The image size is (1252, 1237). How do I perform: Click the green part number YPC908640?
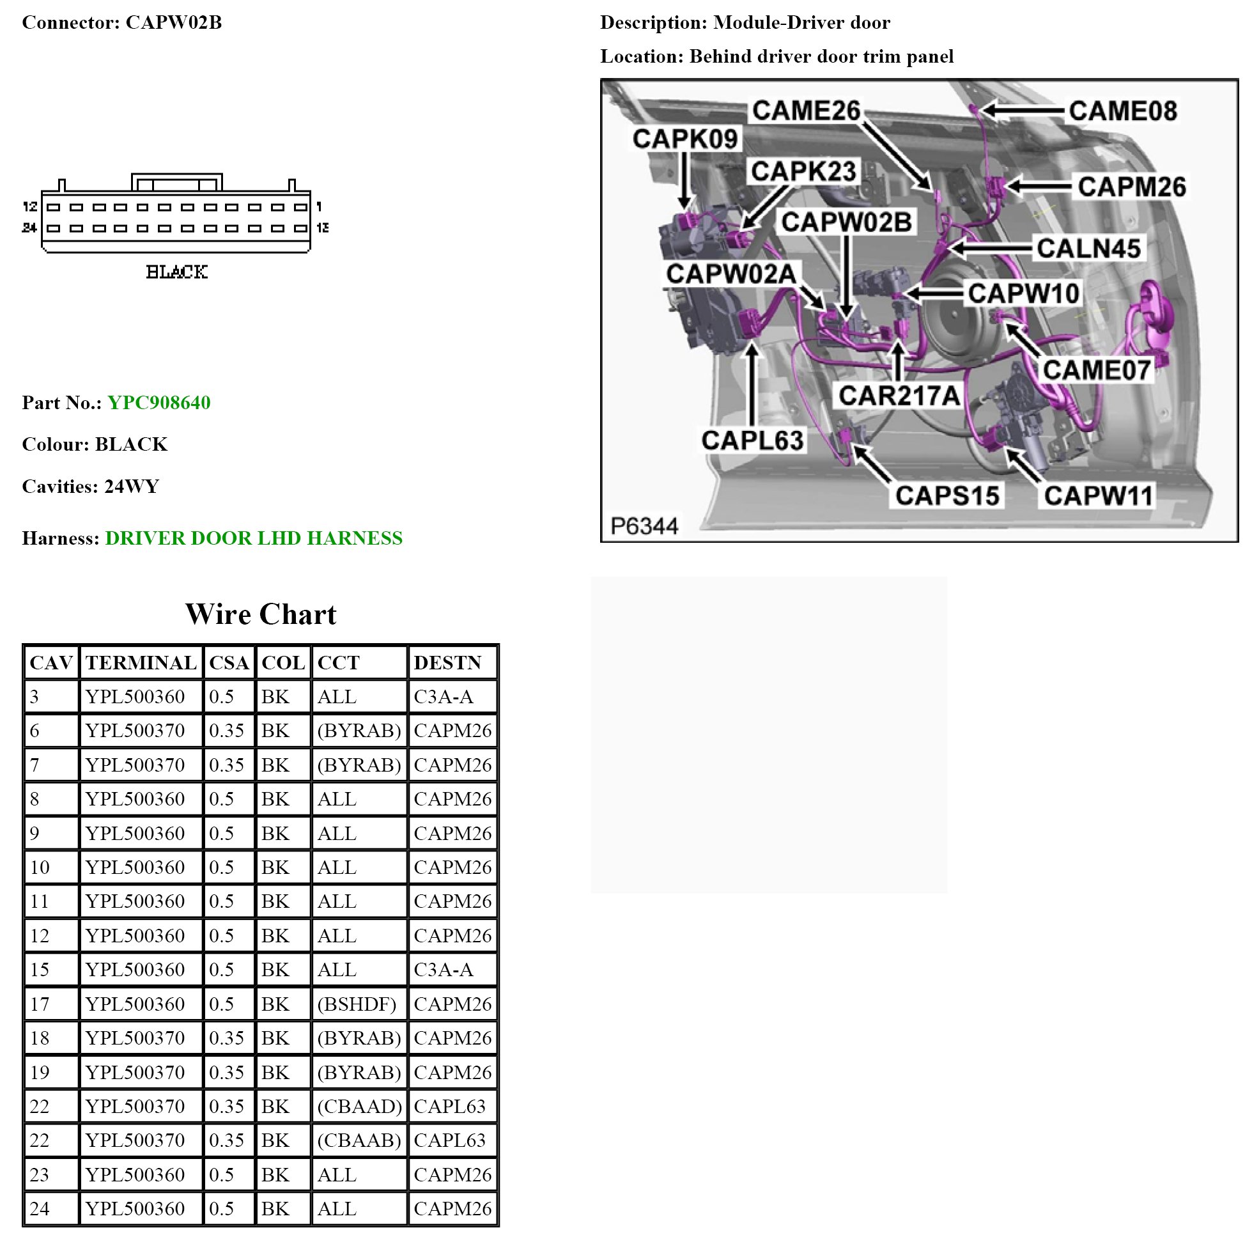(158, 403)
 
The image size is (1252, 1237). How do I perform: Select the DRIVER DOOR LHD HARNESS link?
(253, 538)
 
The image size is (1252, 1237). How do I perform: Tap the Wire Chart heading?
(261, 614)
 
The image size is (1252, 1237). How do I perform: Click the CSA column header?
(229, 662)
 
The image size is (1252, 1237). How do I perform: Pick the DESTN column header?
(447, 662)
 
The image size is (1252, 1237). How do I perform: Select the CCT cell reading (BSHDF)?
(357, 1004)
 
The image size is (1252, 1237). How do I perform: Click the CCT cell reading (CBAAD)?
(359, 1106)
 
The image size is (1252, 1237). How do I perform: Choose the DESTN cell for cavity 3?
(444, 696)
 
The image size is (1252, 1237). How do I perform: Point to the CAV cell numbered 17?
(40, 1004)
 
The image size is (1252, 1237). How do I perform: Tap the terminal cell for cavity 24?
(135, 1208)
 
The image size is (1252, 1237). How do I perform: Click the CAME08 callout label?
(1122, 111)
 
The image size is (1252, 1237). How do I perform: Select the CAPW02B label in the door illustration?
(846, 222)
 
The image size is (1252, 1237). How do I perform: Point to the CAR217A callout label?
(899, 395)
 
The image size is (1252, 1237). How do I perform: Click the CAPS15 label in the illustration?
(947, 495)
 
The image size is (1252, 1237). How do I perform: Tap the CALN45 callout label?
(1088, 247)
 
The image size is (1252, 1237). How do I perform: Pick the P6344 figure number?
(644, 525)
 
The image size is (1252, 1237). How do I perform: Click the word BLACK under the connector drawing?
(177, 272)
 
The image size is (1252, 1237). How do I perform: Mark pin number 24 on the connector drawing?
(29, 228)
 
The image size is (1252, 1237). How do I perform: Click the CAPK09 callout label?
(685, 138)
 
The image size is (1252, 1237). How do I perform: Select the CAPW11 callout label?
(1099, 495)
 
